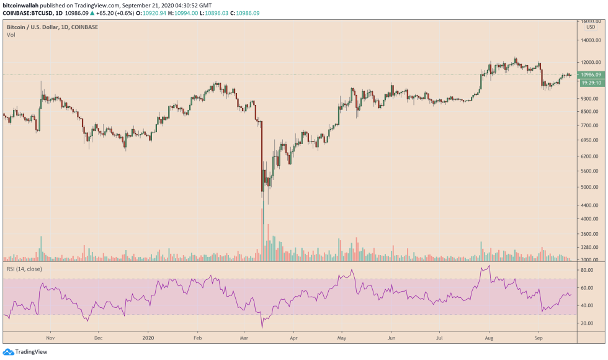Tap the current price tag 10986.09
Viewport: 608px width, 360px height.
591,74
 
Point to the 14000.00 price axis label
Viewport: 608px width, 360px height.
590,40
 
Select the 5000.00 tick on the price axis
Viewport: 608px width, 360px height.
589,187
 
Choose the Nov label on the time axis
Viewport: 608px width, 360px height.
51,339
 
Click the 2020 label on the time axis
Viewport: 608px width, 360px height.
148,339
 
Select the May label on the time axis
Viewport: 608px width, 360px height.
341,339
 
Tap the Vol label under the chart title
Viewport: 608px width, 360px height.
11,35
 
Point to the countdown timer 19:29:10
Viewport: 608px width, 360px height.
591,82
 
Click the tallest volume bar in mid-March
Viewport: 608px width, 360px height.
262,233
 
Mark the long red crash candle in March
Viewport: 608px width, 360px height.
262,155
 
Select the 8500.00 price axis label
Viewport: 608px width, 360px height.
589,112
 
